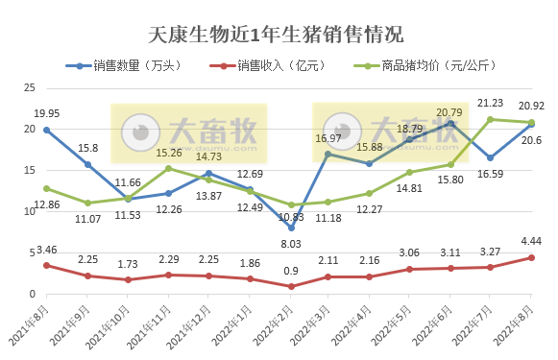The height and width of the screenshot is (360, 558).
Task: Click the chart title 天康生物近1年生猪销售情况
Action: (278, 35)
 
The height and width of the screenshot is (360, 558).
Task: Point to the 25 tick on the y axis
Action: (29, 87)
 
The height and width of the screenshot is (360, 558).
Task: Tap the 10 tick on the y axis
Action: (29, 212)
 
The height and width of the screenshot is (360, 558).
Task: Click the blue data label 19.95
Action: (46, 113)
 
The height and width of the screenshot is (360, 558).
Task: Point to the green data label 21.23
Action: (491, 103)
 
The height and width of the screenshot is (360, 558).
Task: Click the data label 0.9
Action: (291, 270)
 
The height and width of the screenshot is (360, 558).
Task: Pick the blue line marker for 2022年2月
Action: (291, 228)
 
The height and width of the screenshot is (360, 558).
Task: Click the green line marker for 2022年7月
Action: (491, 119)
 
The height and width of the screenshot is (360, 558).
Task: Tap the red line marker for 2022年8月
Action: (531, 257)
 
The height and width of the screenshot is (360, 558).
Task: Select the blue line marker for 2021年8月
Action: (46, 129)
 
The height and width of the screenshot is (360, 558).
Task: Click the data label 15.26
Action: (169, 152)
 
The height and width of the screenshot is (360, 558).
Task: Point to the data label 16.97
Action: (328, 138)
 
